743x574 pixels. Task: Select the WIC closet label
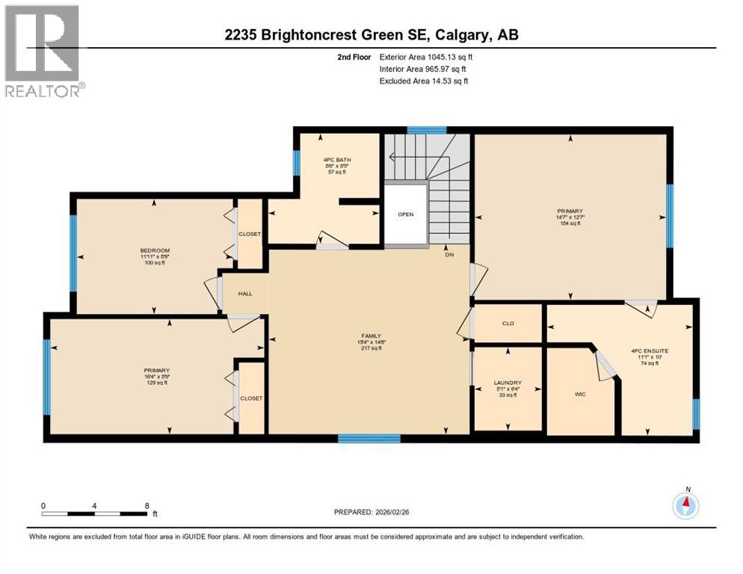(579, 394)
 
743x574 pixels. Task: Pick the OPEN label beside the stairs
(405, 214)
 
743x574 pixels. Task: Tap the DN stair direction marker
(448, 254)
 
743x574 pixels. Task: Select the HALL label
(244, 294)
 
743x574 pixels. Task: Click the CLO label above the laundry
(508, 324)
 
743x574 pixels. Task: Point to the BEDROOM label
(155, 250)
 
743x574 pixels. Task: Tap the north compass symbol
(685, 506)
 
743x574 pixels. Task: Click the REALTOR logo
(43, 51)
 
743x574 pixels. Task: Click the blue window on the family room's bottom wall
(369, 438)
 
